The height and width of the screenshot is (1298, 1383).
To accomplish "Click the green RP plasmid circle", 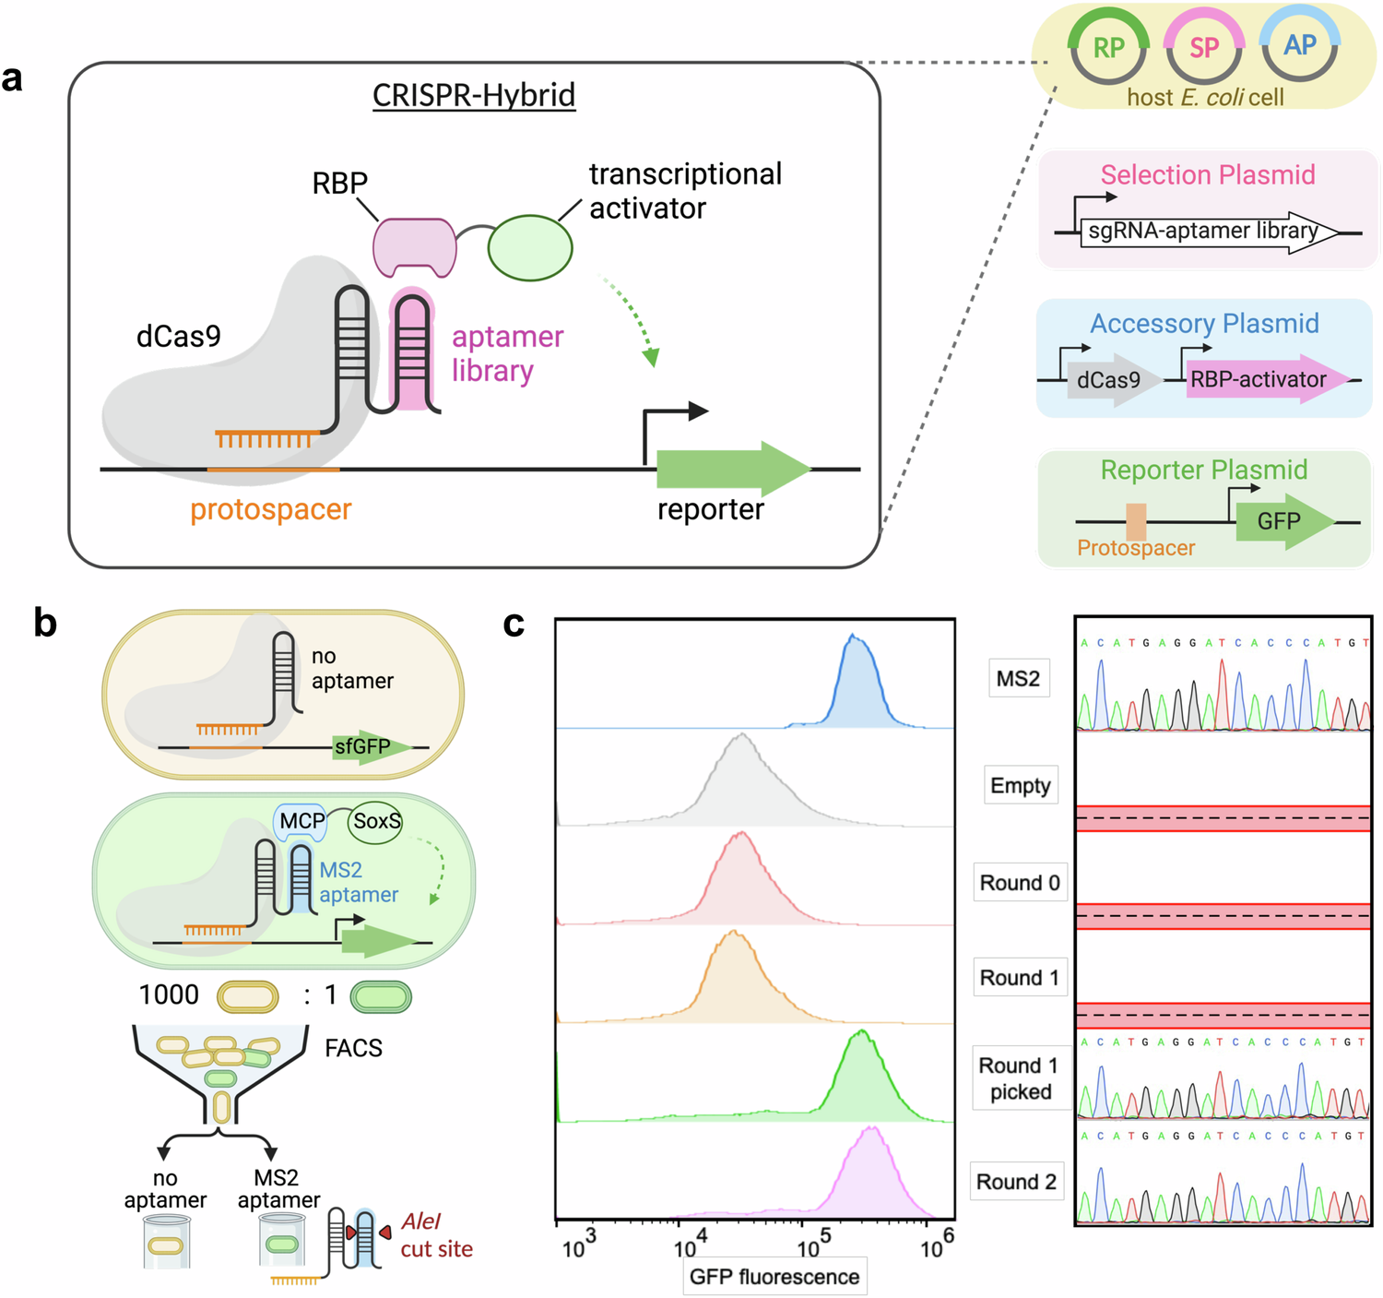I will point(1108,48).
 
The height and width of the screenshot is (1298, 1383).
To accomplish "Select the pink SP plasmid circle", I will point(1204,48).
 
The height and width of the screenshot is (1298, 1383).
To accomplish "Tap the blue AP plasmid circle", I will point(1300,46).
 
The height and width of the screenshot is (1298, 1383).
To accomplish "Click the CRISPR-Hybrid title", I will point(474,95).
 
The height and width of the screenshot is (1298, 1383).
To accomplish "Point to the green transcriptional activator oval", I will point(530,247).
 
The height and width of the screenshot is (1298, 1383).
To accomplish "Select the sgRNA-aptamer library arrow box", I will point(1203,232).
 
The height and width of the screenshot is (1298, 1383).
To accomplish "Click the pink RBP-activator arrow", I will point(1263,379).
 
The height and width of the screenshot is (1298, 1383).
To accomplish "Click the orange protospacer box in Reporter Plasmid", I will point(1136,521).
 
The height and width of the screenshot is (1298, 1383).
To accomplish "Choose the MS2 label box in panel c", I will point(1019,678).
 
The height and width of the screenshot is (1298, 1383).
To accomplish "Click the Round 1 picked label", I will point(1020,1078).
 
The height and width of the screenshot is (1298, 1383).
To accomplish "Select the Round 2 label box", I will point(1017,1182).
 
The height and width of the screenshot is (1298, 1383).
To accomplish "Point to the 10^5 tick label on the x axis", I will point(810,1245).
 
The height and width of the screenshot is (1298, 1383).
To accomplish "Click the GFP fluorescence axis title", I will point(774,1277).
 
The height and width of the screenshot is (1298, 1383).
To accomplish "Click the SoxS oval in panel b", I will point(376,821).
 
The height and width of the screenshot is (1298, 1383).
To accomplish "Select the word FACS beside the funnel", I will point(353,1048).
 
